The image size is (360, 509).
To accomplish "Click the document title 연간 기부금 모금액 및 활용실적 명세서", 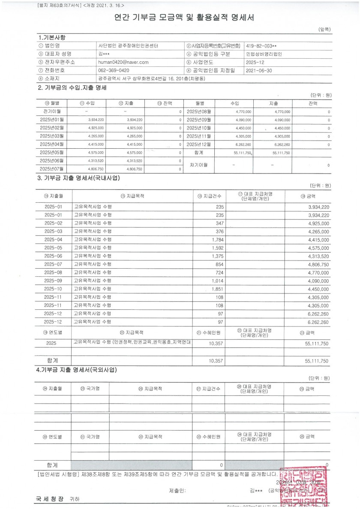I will tap(184, 18).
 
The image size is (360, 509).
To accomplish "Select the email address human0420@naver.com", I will tap(123, 62).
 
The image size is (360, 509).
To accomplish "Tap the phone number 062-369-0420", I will tap(114, 70).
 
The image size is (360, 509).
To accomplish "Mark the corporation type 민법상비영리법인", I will tap(264, 54).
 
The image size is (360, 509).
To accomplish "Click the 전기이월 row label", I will tap(52, 111).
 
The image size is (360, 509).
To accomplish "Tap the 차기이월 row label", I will tap(199, 165).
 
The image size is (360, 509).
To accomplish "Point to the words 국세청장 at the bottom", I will tap(50, 499).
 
